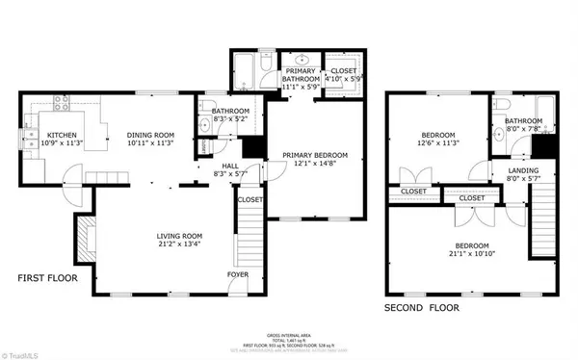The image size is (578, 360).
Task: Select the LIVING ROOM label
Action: pos(181,236)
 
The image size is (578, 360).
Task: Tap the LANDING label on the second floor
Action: pos(510,171)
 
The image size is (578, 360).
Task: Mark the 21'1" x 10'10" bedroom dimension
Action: pos(469,255)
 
